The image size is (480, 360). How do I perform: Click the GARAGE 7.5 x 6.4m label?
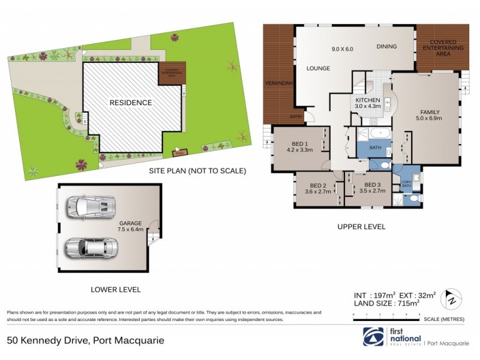[x=130, y=226]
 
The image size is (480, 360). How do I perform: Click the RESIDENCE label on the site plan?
[x=130, y=103]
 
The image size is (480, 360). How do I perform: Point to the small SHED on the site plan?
[x=179, y=151]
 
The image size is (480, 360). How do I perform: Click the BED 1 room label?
[x=299, y=146]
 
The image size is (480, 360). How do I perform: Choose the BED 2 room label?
[x=315, y=188]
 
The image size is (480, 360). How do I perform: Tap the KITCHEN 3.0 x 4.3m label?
[x=367, y=103]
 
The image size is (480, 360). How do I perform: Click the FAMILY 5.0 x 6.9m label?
[x=430, y=115]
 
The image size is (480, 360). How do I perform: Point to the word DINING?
[x=387, y=47]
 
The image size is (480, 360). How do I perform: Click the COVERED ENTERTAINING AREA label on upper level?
[x=443, y=47]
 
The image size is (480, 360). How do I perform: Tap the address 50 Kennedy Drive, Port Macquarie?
[x=85, y=340]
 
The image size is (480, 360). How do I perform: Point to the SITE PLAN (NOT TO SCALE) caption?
[x=197, y=171]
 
